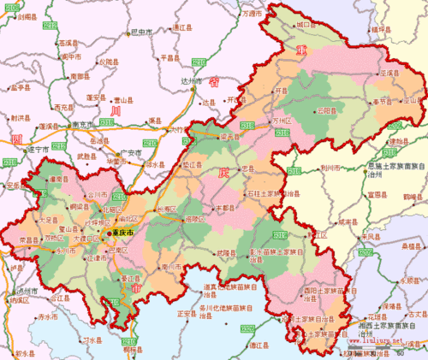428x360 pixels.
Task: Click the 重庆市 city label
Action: (x=120, y=232)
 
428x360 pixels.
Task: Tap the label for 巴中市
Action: (x=141, y=32)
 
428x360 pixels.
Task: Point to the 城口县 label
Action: (x=306, y=26)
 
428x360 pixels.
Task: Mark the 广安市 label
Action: (x=129, y=152)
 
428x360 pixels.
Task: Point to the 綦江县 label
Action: (x=130, y=279)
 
